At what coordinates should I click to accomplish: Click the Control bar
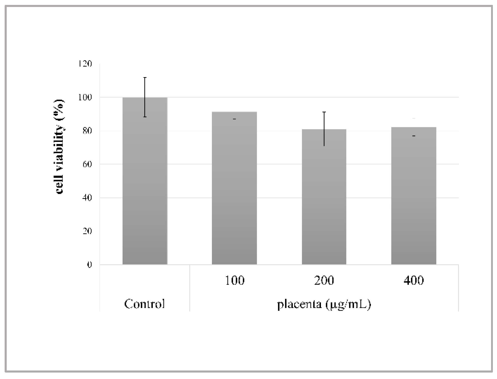[x=145, y=181]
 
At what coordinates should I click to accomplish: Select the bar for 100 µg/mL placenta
[x=234, y=188]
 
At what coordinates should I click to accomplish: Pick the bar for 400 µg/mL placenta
[x=414, y=196]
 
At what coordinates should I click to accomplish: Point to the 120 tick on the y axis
[x=85, y=64]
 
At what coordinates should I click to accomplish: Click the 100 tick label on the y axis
[x=85, y=98]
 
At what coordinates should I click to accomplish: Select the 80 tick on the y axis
[x=87, y=131]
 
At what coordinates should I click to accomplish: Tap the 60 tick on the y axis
[x=87, y=164]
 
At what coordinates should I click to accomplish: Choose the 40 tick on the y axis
[x=87, y=198]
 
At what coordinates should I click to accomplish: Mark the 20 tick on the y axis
[x=87, y=231]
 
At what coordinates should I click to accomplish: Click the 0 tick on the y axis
[x=89, y=265]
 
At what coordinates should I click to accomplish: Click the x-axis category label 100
[x=235, y=280]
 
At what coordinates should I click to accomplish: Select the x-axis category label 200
[x=324, y=280]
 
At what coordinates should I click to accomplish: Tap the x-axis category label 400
[x=414, y=280]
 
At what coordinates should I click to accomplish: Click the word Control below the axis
[x=145, y=304]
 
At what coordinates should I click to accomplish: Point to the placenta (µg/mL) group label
[x=324, y=304]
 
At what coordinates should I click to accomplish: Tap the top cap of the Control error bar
[x=145, y=77]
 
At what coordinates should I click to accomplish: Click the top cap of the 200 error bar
[x=324, y=112]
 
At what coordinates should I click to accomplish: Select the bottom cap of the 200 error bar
[x=324, y=146]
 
